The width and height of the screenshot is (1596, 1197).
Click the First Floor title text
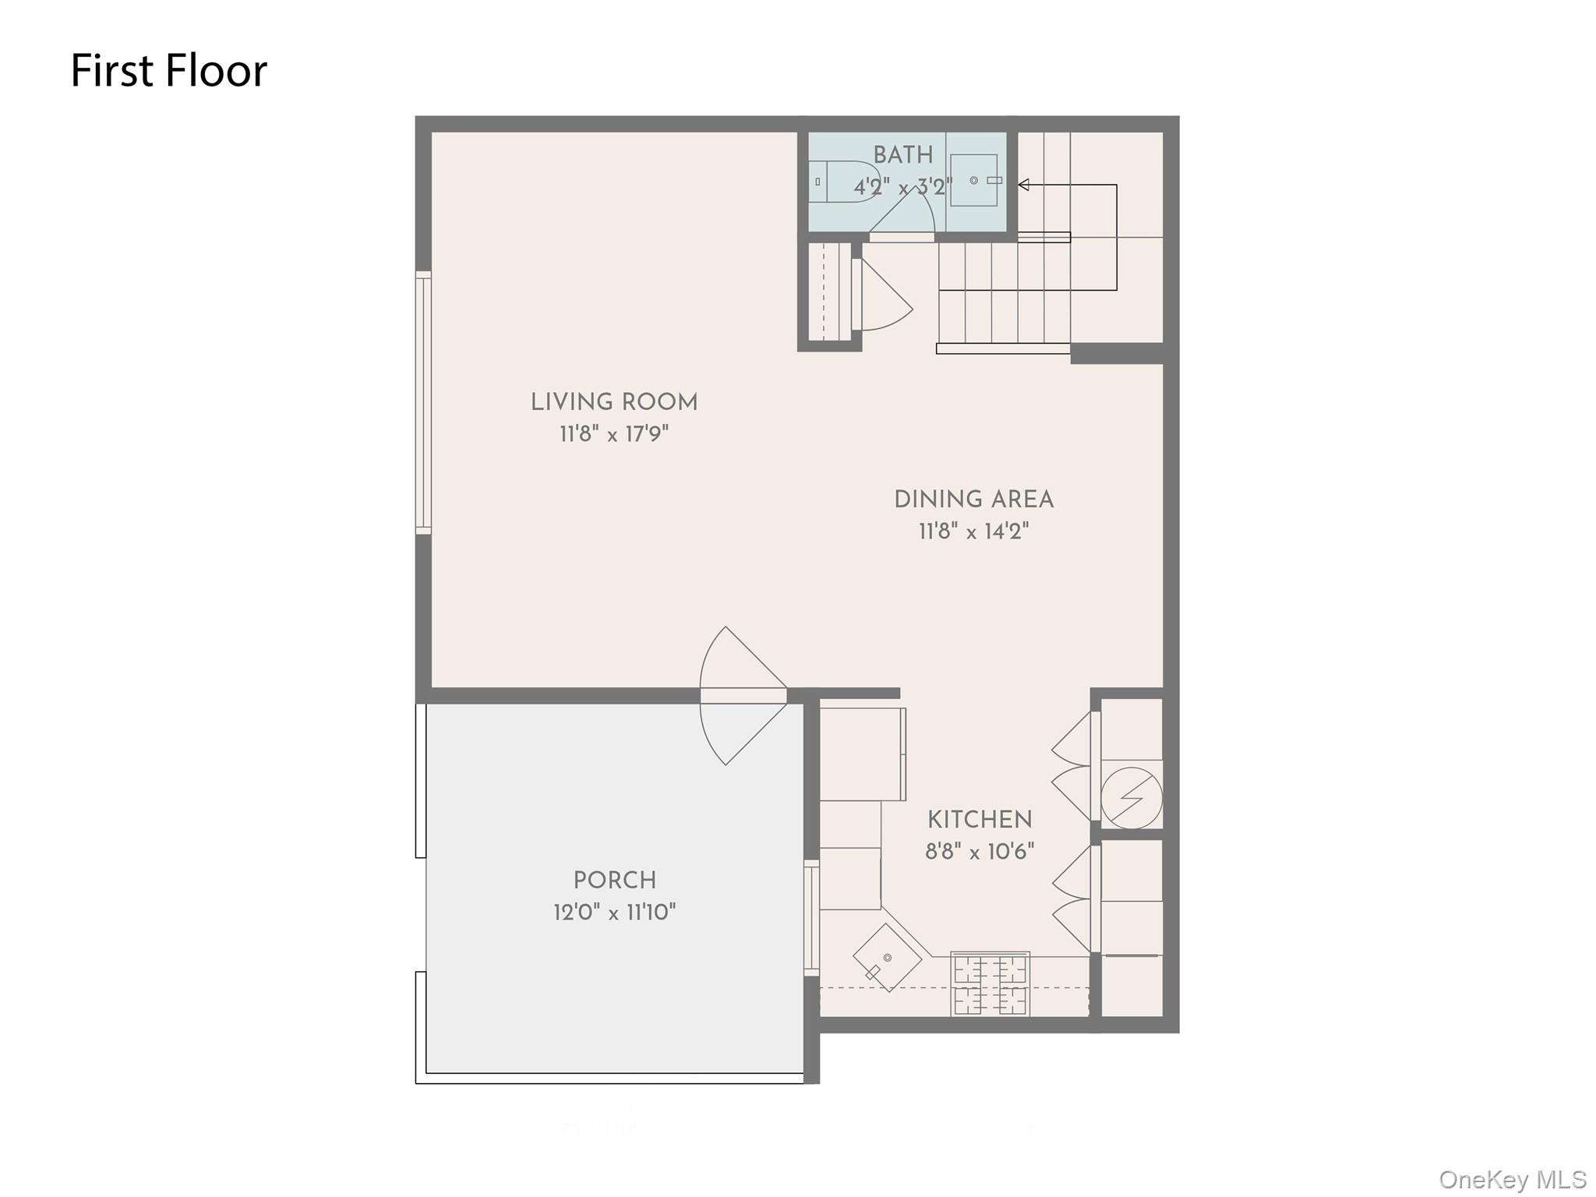(x=169, y=71)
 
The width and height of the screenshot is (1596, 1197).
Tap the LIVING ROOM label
(x=614, y=403)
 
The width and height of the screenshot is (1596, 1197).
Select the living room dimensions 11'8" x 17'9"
(x=614, y=434)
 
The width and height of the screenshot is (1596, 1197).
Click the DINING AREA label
(x=973, y=500)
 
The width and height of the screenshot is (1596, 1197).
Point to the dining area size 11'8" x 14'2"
(x=973, y=532)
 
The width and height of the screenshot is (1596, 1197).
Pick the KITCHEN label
(x=980, y=820)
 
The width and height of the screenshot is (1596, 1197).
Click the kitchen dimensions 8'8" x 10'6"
(x=980, y=852)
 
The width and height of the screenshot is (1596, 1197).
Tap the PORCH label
(x=614, y=881)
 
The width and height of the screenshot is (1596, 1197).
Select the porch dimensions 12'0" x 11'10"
(x=614, y=913)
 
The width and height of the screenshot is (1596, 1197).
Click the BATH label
(x=902, y=155)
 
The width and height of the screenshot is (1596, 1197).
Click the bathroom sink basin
(x=973, y=180)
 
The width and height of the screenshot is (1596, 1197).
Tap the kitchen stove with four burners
(x=990, y=983)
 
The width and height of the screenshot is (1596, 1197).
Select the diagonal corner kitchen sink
(x=887, y=958)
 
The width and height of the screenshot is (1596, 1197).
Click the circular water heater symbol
(x=1131, y=798)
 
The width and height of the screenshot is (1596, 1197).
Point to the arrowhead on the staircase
(x=1024, y=185)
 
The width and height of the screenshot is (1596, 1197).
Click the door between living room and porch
(x=743, y=696)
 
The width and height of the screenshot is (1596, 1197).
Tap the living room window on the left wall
(x=423, y=403)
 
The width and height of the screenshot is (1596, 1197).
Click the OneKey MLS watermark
(x=1512, y=1180)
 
